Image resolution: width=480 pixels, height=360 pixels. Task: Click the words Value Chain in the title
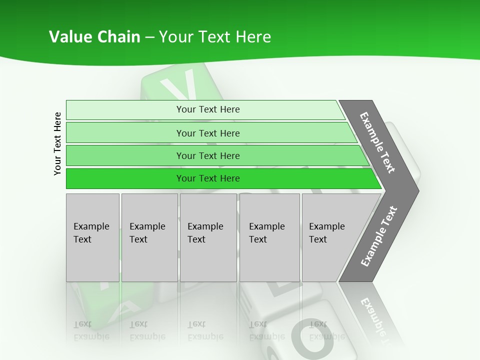pos(94,36)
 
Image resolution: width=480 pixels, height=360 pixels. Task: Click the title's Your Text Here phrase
pos(215,36)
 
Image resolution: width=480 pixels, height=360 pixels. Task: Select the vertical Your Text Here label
pos(57,143)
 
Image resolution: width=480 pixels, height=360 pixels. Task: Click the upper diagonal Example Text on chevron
pos(378,142)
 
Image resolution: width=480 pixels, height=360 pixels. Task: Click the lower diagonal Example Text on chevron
pos(379,236)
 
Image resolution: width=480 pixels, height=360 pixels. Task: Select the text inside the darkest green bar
pos(208,178)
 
